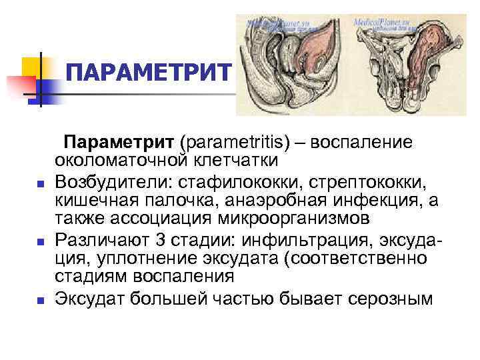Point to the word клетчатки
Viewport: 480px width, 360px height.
pos(231,162)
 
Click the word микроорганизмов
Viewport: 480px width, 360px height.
pos(288,219)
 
